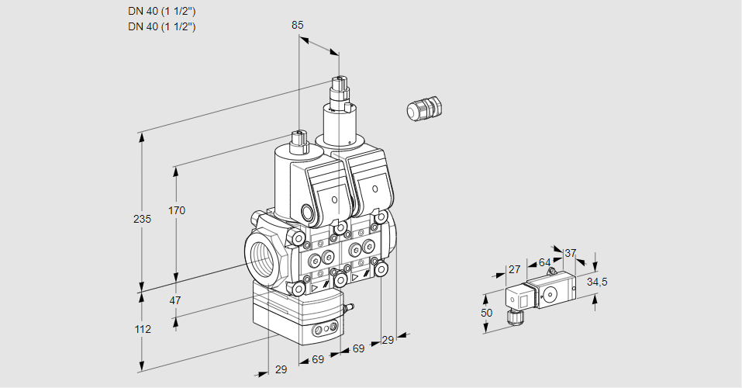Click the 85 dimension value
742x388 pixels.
pos(297,25)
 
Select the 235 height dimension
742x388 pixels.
pos(142,219)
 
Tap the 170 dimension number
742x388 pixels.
pos(177,210)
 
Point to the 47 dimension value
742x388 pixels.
pos(175,300)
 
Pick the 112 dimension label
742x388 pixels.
pos(142,329)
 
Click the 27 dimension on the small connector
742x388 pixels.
pos(513,269)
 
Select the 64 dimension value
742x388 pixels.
pos(544,262)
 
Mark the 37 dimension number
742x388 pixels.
pos(570,253)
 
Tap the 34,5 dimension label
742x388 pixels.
pos(597,282)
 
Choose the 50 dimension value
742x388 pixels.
pos(486,312)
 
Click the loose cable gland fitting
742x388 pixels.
pos(423,109)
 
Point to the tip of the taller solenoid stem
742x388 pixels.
pos(338,79)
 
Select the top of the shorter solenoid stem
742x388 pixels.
pos(299,134)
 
